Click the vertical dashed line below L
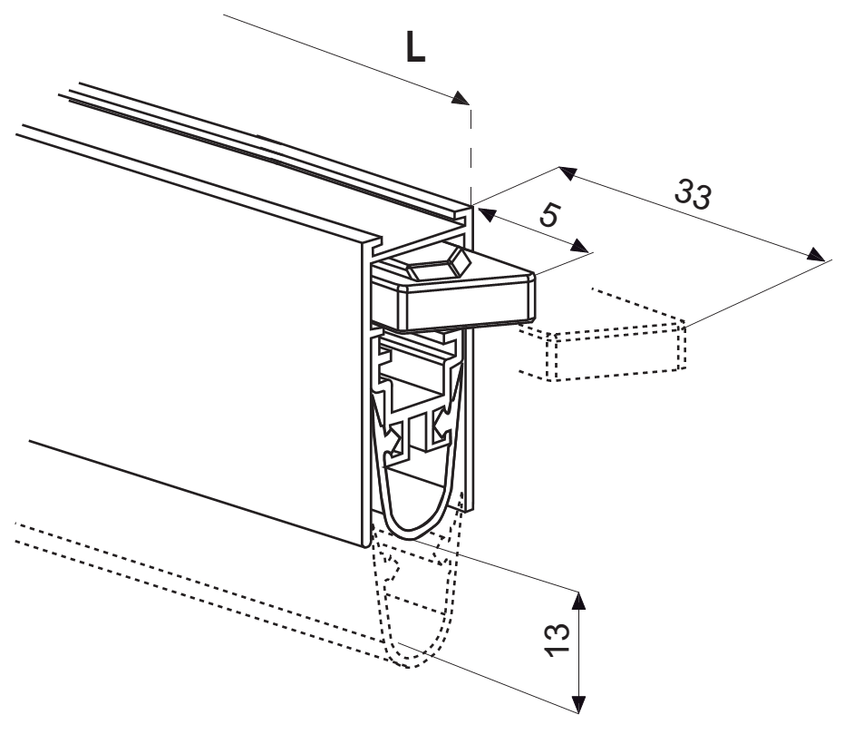point(471,154)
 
